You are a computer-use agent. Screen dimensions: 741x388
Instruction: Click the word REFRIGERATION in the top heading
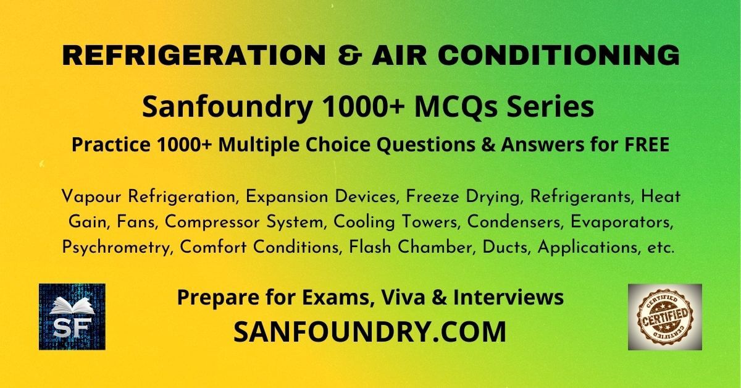(x=194, y=55)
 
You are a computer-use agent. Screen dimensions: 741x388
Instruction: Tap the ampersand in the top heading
(x=350, y=55)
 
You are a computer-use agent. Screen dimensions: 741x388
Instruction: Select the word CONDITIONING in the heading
(x=560, y=55)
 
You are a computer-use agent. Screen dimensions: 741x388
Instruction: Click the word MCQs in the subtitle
(x=456, y=107)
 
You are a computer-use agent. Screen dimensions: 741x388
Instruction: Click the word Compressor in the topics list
(x=212, y=222)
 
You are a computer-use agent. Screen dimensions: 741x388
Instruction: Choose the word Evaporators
(x=622, y=222)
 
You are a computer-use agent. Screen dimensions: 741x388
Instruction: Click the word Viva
(x=403, y=297)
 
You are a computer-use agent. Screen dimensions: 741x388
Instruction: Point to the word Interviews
(x=508, y=297)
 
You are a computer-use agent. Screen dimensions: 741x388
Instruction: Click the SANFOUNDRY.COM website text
(x=370, y=332)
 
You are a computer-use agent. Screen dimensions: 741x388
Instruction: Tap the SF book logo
(x=72, y=317)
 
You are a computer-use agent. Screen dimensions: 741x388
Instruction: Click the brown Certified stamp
(x=665, y=317)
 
